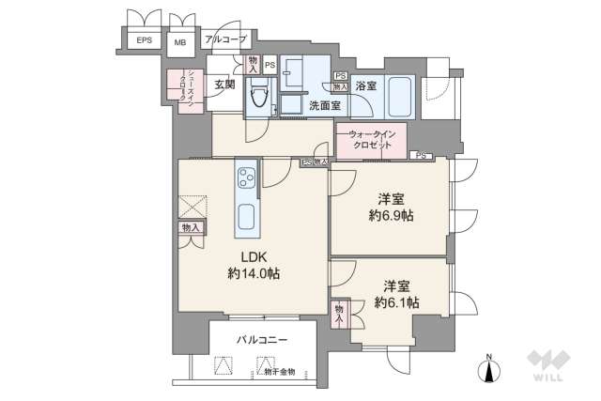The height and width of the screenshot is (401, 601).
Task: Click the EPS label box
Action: coord(145,40)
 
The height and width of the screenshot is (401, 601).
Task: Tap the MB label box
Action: coord(179,41)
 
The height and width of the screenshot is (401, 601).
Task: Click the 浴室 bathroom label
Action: coord(365,85)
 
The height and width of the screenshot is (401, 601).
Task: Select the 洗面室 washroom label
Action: coord(325,105)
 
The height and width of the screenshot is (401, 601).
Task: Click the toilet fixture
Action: coord(258,95)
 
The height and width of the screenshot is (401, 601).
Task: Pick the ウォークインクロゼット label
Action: coord(372,142)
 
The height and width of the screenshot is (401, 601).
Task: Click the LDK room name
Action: coord(254,255)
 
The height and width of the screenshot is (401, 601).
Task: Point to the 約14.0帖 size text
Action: coord(254,273)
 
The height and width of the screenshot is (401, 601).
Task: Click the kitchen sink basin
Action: coord(247,219)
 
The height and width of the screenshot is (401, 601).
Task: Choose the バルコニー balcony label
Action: coord(262,338)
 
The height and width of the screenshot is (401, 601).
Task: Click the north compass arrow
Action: coord(489,371)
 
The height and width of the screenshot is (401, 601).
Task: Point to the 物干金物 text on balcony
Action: coord(273,372)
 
